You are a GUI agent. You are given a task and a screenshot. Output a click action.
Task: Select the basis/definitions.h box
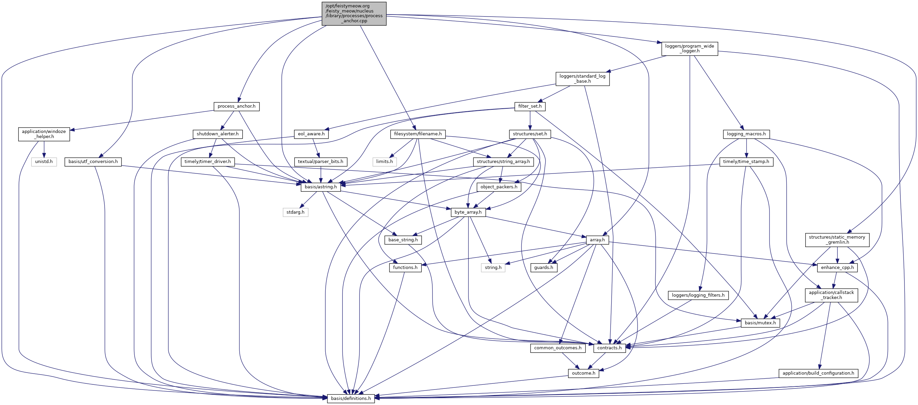(x=351, y=398)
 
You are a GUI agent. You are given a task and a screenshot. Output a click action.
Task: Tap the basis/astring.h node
(x=320, y=187)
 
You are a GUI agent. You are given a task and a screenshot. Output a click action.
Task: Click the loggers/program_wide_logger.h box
(x=689, y=49)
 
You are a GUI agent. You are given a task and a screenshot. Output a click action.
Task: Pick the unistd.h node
(x=44, y=162)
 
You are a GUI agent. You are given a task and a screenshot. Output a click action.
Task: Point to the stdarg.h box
(x=295, y=212)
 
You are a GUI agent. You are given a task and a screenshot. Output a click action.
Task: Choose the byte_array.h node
(x=467, y=212)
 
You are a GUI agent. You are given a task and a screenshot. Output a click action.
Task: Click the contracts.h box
(x=609, y=348)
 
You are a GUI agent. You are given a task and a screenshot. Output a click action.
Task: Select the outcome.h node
(x=584, y=373)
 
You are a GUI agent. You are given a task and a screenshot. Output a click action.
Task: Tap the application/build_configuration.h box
(x=818, y=373)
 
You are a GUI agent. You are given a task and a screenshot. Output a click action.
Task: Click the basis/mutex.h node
(x=760, y=323)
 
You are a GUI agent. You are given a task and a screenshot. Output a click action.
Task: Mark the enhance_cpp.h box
(x=837, y=267)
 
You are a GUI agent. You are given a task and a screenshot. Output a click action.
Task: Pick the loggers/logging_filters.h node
(x=698, y=295)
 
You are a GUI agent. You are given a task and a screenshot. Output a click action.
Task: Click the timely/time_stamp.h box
(x=746, y=162)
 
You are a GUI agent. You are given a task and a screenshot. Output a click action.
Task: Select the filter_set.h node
(x=530, y=106)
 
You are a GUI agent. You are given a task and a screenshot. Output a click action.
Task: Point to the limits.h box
(x=384, y=162)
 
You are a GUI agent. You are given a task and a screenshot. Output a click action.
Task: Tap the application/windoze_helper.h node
(x=44, y=134)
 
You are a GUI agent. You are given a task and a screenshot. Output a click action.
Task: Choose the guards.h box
(x=543, y=267)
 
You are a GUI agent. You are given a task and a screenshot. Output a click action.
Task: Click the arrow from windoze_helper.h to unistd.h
(x=44, y=149)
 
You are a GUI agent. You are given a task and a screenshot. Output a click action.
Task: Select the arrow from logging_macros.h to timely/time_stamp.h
(x=746, y=147)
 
